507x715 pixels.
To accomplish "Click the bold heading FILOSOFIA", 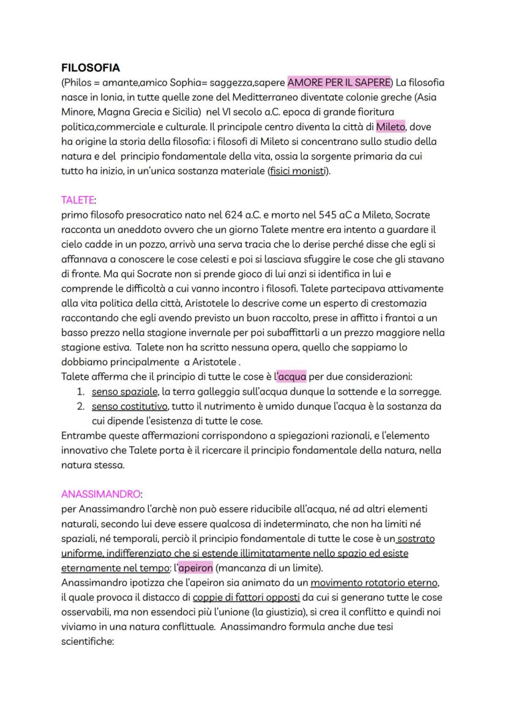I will [x=91, y=68].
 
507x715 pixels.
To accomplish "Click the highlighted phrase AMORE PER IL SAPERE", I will [x=339, y=83].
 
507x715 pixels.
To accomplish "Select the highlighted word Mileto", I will [x=391, y=127].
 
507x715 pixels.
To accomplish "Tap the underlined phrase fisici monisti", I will [x=298, y=171].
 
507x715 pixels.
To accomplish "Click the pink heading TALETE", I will [x=78, y=200].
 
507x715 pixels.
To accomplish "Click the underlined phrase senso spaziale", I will [x=126, y=391].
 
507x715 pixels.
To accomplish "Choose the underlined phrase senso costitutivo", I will [x=129, y=406].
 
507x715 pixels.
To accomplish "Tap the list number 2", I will [x=80, y=406].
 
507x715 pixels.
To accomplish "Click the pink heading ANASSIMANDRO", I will [x=102, y=494].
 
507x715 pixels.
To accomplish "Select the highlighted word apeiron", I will [x=195, y=567].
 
